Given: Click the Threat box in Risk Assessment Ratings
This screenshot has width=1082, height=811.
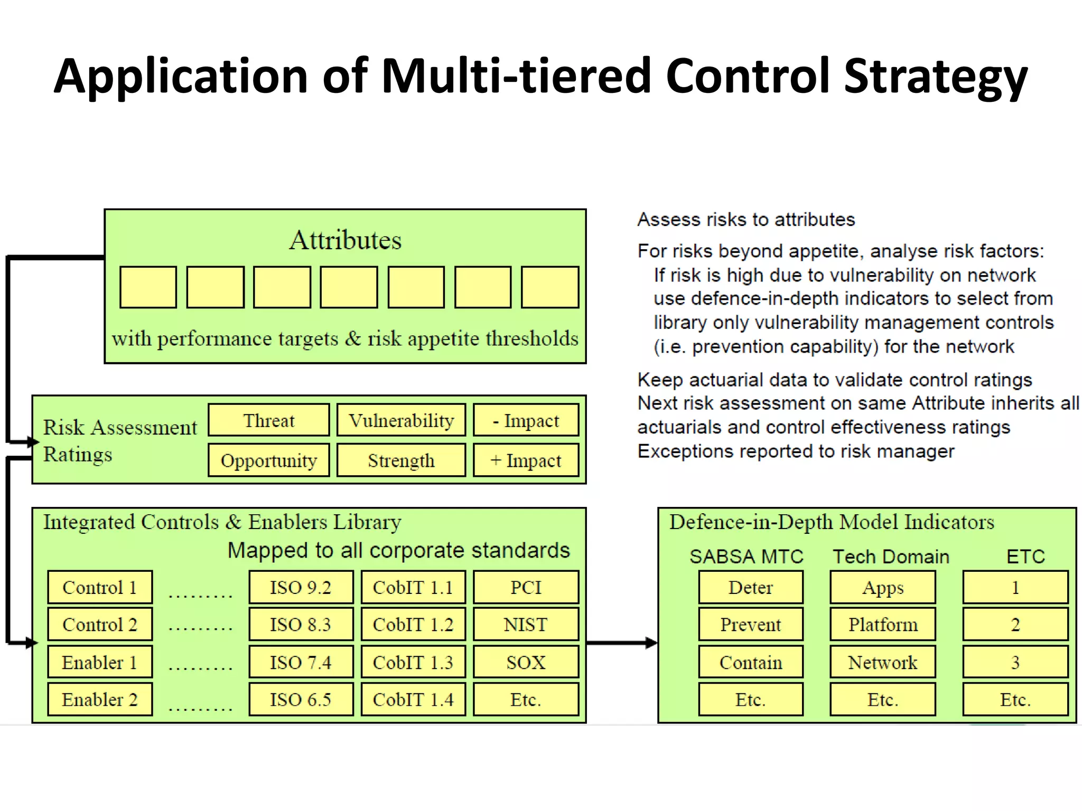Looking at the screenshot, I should tap(268, 420).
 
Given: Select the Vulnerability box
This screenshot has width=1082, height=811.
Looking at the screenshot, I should tap(401, 420).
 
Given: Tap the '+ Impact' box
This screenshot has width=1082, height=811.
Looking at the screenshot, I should tap(526, 460).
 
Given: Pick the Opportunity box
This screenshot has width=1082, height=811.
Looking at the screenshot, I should tap(268, 460).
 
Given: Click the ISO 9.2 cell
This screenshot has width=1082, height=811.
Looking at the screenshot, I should tap(301, 587).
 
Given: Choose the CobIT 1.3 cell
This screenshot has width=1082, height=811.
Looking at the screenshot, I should tap(413, 662).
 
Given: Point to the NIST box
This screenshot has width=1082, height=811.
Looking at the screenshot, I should tap(526, 625).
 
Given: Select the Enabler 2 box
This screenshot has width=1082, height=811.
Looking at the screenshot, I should tap(100, 700).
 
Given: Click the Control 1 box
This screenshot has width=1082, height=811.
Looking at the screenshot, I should tap(100, 587).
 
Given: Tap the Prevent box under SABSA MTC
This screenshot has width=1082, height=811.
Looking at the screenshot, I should tap(750, 625).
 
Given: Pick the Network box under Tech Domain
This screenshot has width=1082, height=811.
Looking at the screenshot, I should tap(882, 662).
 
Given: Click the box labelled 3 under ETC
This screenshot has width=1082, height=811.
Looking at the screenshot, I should tap(1015, 662).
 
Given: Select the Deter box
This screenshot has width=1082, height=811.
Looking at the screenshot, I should tap(750, 587).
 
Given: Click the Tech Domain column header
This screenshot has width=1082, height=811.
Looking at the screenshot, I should tap(891, 557).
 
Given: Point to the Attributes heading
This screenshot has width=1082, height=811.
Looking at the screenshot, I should tap(345, 240).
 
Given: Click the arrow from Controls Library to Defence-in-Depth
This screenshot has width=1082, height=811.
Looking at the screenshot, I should tap(621, 643).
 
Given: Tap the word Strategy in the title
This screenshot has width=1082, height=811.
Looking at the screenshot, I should tap(935, 77).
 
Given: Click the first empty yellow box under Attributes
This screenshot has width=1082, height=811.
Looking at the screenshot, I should tap(148, 287).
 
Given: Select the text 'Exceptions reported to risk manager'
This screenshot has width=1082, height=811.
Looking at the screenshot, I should tap(796, 451).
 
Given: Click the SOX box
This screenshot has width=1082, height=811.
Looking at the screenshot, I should tap(526, 662).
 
